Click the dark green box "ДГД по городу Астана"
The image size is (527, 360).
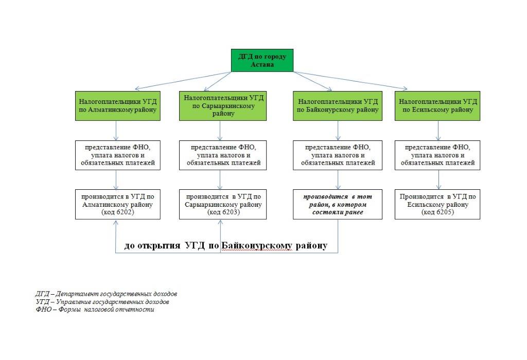point(262,61)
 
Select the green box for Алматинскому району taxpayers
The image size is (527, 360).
point(118,106)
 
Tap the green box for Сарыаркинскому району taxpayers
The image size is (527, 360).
point(223,106)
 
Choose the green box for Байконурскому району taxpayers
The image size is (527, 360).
point(338,106)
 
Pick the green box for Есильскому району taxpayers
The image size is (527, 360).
point(437,106)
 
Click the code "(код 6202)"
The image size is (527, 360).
point(118,212)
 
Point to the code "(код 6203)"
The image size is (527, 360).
point(223,212)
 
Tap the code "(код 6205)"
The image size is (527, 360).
point(437,212)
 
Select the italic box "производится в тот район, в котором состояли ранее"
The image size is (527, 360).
point(338,205)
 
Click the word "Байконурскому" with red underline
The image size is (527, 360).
point(257,245)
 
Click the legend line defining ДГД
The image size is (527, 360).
point(106,294)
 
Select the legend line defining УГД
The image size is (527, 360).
point(102,301)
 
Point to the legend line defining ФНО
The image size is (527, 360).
point(95,309)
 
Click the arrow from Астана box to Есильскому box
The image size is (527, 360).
point(350,81)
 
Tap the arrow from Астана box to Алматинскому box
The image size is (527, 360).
point(183,81)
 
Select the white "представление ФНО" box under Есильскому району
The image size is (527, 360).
point(437,155)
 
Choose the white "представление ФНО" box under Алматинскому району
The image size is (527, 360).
point(118,155)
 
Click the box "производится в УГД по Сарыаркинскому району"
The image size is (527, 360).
point(223,205)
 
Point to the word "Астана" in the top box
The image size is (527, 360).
point(262,64)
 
